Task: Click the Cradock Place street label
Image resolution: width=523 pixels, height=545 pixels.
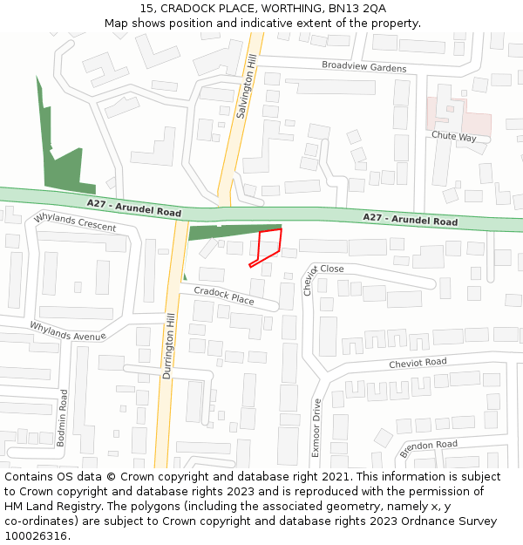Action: pos(224,296)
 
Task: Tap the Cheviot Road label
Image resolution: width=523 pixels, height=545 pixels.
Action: pos(418,362)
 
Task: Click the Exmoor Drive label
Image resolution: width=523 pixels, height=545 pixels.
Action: pos(316,428)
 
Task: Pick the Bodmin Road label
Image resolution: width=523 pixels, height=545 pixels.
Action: pos(62,419)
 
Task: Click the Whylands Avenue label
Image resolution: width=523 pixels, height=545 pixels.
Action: pos(67,330)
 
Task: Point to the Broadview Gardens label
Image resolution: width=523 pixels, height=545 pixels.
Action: pos(363,67)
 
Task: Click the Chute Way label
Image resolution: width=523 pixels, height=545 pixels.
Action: pos(454,137)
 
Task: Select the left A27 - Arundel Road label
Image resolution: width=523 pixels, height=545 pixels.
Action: pos(133,208)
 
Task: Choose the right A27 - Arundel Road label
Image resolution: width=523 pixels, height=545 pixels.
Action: pos(410,220)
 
